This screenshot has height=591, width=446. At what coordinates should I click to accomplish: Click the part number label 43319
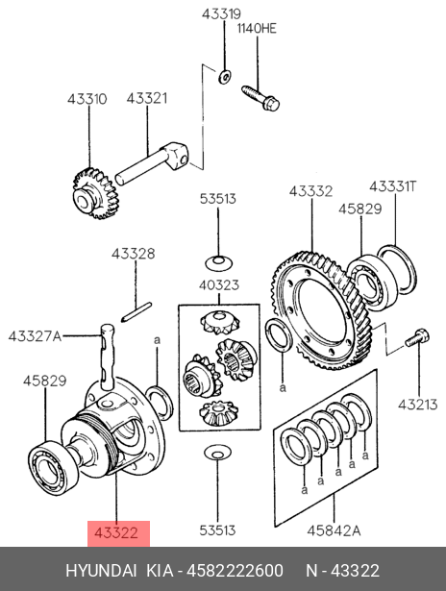click(x=221, y=14)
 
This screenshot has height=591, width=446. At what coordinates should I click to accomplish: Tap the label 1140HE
click(x=257, y=28)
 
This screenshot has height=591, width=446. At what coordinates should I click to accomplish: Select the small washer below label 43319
click(x=225, y=77)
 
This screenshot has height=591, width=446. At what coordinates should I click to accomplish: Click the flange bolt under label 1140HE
click(x=260, y=98)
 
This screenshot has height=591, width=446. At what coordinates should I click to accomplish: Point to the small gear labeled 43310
click(x=93, y=194)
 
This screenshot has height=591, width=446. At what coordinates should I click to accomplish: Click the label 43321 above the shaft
click(x=147, y=98)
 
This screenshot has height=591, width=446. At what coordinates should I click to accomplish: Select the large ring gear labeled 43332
click(x=322, y=310)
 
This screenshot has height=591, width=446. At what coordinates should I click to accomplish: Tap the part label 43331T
click(x=393, y=186)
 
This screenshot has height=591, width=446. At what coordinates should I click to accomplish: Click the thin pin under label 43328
click(x=136, y=311)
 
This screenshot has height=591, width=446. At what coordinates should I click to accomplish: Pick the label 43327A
click(x=35, y=335)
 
